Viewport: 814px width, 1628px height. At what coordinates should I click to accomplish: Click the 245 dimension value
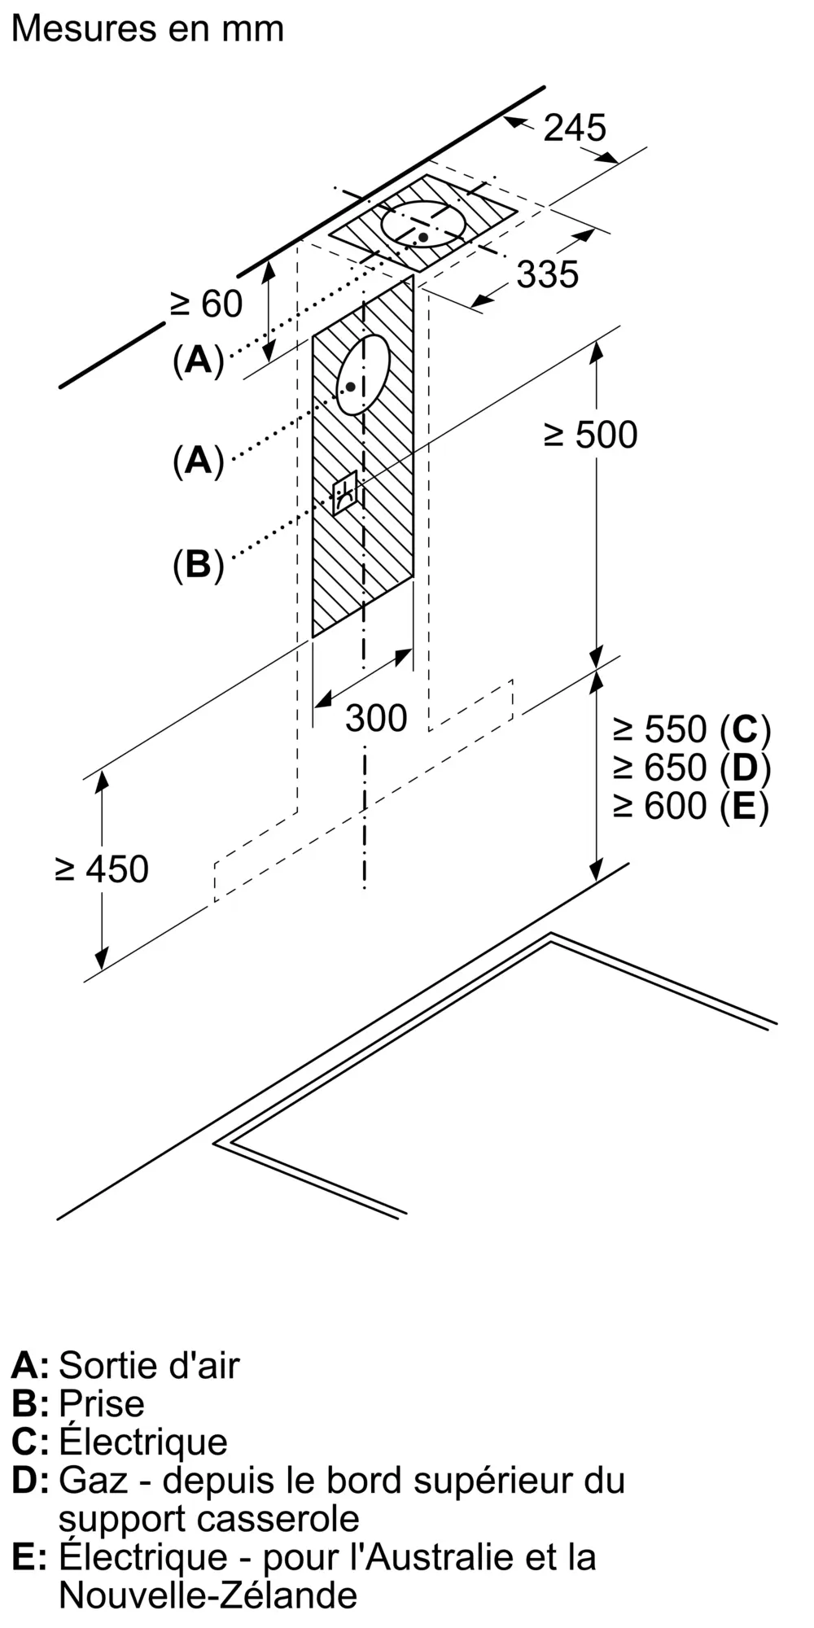click(575, 128)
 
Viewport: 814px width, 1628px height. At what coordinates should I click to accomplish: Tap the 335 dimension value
click(548, 274)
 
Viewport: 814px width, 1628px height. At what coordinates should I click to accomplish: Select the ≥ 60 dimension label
click(206, 304)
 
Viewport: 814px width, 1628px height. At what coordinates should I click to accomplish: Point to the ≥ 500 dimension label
click(590, 435)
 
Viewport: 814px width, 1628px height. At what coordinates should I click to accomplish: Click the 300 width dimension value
click(376, 718)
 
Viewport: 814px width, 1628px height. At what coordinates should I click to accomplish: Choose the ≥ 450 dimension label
click(102, 869)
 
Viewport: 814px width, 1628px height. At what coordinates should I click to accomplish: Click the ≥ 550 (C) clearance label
click(692, 729)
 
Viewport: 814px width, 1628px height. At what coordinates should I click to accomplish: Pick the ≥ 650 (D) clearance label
click(692, 768)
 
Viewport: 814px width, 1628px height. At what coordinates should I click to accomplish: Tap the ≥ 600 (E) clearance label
click(691, 806)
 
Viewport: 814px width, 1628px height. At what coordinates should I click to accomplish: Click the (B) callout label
click(198, 564)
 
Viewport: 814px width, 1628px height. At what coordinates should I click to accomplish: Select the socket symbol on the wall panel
click(345, 492)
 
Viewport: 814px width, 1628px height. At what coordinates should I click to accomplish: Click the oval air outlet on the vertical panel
click(364, 375)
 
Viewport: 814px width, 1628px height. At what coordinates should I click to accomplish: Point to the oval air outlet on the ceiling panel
click(423, 223)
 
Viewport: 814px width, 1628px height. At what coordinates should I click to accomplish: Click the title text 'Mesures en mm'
click(148, 28)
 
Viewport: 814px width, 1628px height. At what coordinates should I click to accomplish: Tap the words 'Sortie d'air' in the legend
click(149, 1365)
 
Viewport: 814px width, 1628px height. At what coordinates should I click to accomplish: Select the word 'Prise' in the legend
click(102, 1403)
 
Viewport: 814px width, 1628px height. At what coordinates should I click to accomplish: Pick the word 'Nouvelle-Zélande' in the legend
click(208, 1595)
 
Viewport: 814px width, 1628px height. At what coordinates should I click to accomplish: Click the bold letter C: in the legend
click(30, 1442)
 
